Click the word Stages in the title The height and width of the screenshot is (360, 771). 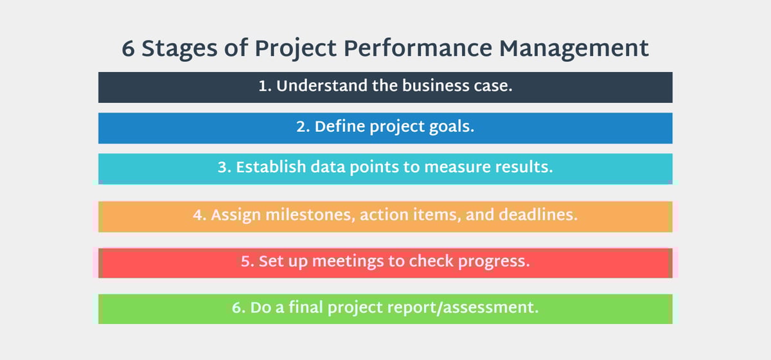click(179, 50)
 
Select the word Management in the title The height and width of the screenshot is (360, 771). click(574, 50)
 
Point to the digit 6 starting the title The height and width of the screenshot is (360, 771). click(128, 49)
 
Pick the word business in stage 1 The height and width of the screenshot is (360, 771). click(436, 85)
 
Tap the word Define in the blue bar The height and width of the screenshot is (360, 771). click(340, 127)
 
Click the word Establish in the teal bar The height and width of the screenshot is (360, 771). click(271, 167)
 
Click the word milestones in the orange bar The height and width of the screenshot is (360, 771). click(310, 215)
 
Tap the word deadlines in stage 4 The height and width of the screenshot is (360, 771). click(538, 215)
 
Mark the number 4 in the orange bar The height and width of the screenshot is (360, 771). click(198, 215)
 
